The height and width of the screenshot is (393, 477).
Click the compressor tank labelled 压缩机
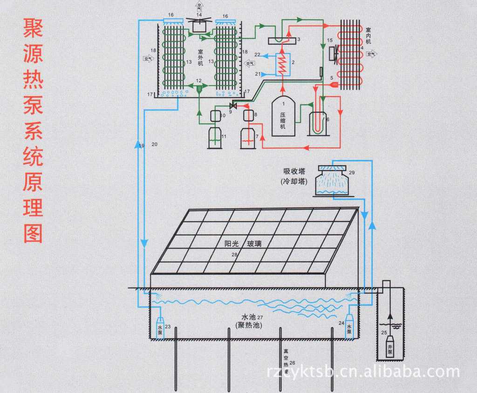283,116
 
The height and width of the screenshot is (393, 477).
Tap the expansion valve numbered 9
234,106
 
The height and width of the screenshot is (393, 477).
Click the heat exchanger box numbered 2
281,64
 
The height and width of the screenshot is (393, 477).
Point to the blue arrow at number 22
264,55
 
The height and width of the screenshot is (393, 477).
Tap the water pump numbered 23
160,328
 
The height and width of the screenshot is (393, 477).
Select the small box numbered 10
215,115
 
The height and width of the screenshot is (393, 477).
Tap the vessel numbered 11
215,138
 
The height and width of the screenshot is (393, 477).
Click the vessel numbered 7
247,138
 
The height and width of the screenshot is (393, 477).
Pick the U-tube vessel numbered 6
319,123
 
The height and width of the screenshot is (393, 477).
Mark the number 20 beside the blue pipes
155,145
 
